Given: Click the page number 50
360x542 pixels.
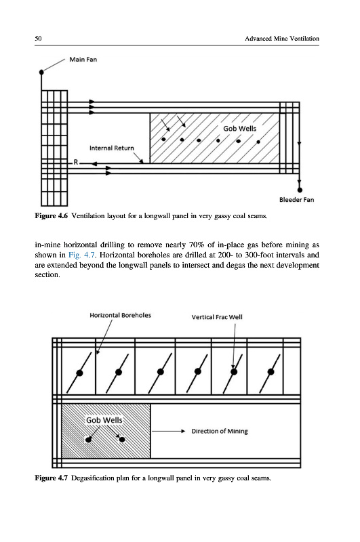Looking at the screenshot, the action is point(38,39).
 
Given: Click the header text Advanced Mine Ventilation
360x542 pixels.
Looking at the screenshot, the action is point(282,39).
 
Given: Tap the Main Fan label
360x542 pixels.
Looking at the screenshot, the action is point(83,60).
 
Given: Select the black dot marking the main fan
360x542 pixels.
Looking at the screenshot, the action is point(41,72).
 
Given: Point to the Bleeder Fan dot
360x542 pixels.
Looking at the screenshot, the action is point(300,190).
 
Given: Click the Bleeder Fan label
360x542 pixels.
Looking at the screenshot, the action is point(297,199).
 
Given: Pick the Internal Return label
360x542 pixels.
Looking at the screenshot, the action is point(111,148).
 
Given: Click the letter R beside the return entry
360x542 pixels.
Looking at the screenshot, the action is point(76,162).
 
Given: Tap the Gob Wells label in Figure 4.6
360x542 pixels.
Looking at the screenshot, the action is point(239,129).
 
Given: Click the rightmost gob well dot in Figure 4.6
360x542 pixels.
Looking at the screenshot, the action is point(258,142).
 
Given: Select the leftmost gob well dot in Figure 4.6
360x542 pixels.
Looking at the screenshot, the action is point(163,140).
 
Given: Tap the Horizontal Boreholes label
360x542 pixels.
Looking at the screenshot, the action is point(121,315).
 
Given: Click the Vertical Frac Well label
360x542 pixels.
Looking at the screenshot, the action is point(217,317).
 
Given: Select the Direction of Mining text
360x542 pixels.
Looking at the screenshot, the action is point(220,431).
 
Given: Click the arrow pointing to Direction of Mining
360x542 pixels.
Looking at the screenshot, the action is point(169,431).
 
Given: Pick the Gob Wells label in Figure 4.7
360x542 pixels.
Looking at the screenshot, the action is point(104,420).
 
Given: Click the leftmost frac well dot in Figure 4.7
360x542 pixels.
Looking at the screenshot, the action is point(79,373).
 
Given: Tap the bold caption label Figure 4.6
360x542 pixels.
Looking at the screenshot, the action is point(51,215).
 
